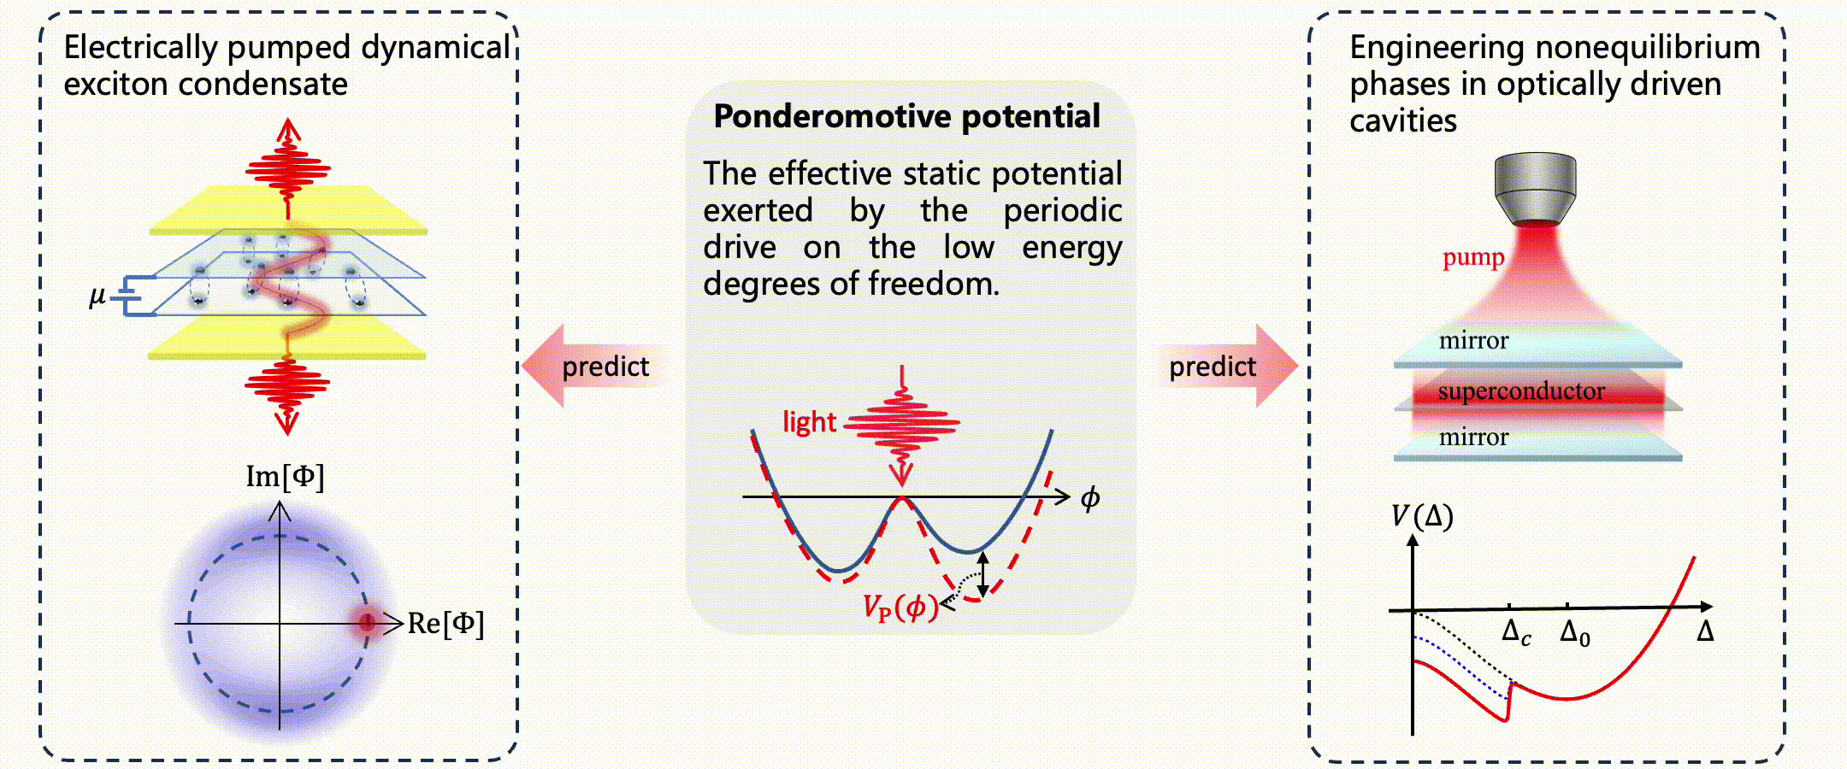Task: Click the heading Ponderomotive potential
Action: pos(906,116)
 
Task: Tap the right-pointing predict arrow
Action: pos(1227,366)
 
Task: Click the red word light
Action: pos(809,422)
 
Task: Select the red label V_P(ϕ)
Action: pos(900,608)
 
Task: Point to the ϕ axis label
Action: pos(1090,498)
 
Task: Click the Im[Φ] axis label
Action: pos(285,477)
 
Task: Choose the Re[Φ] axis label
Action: pos(446,624)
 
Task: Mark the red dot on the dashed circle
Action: pos(367,623)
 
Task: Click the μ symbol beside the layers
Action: pos(97,296)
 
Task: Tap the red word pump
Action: pos(1473,257)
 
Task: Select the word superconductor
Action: pos(1521,391)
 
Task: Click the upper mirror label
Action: pos(1473,341)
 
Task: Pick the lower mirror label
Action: pos(1473,437)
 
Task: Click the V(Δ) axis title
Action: pos(1422,516)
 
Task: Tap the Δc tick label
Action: pos(1516,633)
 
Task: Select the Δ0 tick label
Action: pos(1574,633)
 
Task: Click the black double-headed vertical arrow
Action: pos(983,574)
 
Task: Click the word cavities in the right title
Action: pos(1403,121)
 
